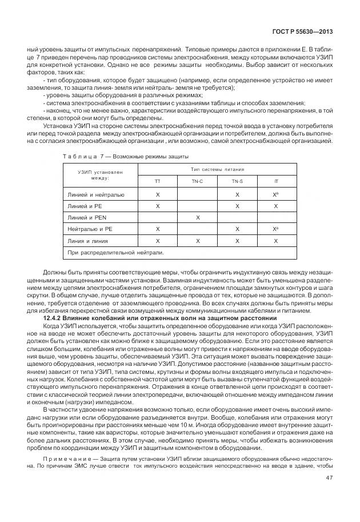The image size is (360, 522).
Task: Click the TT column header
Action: (158, 181)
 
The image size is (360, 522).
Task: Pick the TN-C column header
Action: (198, 181)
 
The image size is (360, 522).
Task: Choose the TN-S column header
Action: (237, 181)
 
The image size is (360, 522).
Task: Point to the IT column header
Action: (277, 181)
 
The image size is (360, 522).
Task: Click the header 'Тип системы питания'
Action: (217, 169)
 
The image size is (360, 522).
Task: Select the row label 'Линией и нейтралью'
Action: (95, 195)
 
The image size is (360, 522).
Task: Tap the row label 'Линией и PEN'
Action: (87, 218)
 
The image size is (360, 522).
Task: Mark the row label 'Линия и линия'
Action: (87, 241)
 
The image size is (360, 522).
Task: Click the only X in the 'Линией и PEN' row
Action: (198, 218)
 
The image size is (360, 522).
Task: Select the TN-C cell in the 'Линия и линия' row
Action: (198, 241)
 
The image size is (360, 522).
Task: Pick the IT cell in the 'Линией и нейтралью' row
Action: (277, 195)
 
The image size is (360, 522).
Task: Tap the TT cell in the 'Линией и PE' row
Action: (158, 206)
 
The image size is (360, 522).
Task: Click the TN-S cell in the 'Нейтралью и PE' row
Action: (237, 229)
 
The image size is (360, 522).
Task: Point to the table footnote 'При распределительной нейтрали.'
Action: (115, 252)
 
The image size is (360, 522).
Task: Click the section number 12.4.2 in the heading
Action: (55, 317)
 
